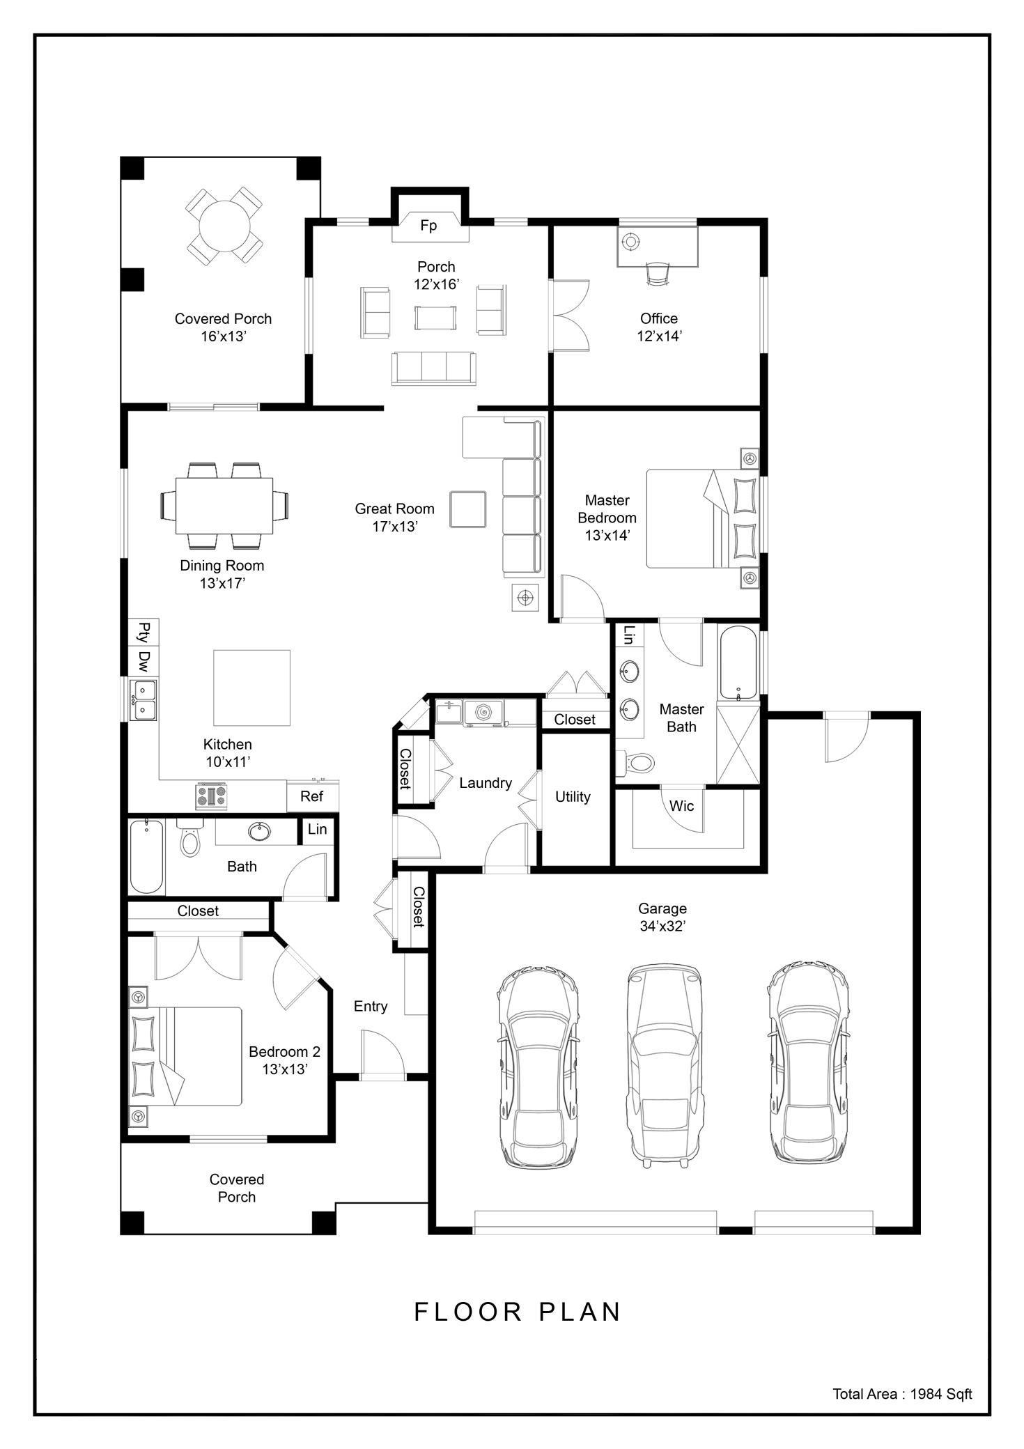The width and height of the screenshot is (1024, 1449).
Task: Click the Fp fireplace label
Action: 428,226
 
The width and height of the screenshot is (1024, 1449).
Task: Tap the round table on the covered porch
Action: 224,225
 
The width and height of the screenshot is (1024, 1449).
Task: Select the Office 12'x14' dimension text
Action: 658,336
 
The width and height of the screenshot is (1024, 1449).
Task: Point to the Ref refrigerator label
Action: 311,796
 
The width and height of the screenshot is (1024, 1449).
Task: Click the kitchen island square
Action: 251,688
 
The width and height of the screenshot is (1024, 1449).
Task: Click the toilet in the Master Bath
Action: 637,763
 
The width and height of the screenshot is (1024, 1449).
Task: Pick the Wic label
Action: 681,806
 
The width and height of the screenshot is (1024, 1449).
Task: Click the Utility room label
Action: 573,797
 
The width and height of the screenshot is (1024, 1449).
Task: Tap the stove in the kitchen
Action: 212,796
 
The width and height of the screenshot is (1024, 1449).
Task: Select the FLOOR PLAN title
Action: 518,1312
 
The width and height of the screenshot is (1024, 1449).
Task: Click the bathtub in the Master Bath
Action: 738,663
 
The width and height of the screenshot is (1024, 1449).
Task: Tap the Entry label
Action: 370,1006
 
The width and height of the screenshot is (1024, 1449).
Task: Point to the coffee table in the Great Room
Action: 467,509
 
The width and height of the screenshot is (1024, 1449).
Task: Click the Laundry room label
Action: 486,783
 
